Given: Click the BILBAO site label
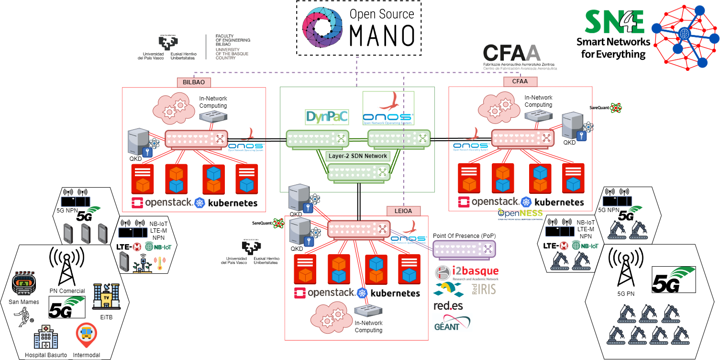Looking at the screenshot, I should (194, 82).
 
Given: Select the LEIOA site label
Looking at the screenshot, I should (403, 211).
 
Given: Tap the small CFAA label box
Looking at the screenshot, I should (520, 82).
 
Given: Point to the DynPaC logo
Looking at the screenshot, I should (327, 116).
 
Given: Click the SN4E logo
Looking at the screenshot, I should (614, 22).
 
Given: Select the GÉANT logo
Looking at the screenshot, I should (452, 322).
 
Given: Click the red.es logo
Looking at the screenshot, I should (448, 305).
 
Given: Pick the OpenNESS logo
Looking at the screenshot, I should (521, 213).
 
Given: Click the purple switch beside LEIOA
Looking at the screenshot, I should (465, 248).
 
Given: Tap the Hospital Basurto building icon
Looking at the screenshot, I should (45, 336).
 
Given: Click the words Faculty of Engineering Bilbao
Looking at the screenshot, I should (233, 41).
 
